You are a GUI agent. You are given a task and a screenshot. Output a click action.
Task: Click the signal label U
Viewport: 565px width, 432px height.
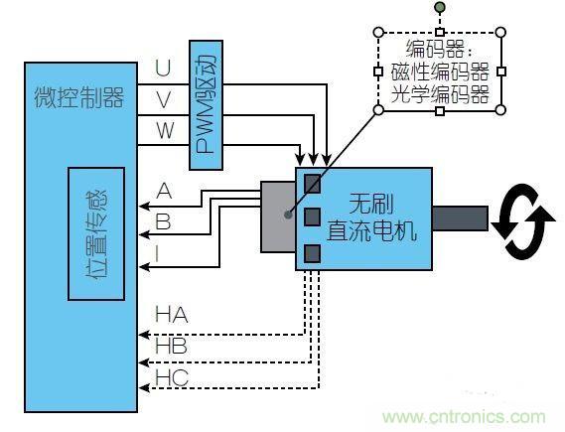click(163, 69)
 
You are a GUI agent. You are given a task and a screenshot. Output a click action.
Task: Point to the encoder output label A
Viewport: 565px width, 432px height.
click(164, 191)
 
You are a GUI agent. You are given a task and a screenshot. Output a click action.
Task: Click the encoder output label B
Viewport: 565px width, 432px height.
click(163, 221)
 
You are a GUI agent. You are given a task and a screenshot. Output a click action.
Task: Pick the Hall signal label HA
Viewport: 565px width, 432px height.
click(171, 315)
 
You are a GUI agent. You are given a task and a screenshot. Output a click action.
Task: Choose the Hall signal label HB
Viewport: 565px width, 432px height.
click(171, 347)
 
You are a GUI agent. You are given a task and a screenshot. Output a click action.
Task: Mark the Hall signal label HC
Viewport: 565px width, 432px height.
click(171, 378)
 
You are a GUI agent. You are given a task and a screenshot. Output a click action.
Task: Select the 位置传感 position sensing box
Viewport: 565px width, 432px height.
click(96, 233)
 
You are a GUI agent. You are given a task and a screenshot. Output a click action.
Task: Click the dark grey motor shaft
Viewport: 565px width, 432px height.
click(460, 219)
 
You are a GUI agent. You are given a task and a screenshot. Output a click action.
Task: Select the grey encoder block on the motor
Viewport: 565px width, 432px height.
click(278, 216)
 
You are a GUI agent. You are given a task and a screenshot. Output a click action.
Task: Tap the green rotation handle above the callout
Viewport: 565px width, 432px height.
click(440, 10)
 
